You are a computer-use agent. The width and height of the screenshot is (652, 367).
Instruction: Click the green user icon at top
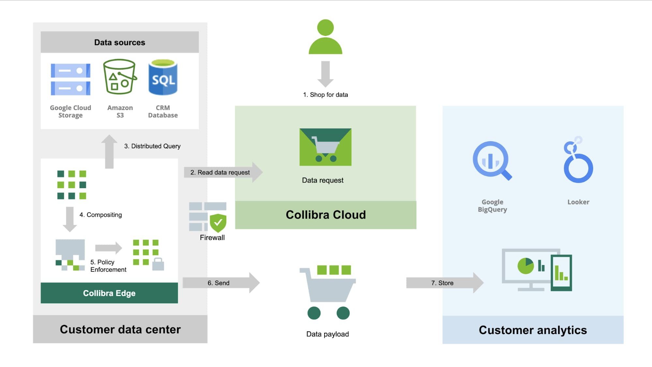325,37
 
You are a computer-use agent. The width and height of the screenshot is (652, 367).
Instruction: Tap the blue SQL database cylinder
163,78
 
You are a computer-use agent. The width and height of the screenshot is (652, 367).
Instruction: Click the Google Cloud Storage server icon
70,79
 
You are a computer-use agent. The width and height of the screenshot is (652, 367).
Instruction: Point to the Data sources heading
119,42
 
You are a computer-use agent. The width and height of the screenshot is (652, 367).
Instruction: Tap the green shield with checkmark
218,223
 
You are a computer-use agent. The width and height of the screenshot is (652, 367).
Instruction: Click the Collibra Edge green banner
109,293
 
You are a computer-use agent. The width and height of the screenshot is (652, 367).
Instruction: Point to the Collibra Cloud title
326,215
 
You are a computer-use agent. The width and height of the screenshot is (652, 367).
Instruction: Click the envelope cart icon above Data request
325,147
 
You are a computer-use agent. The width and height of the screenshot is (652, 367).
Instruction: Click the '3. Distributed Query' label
152,146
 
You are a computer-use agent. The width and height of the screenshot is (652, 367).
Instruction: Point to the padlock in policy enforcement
158,264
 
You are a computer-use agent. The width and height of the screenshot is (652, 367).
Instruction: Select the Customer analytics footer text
533,330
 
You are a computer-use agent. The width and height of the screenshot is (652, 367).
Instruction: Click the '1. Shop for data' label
325,95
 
